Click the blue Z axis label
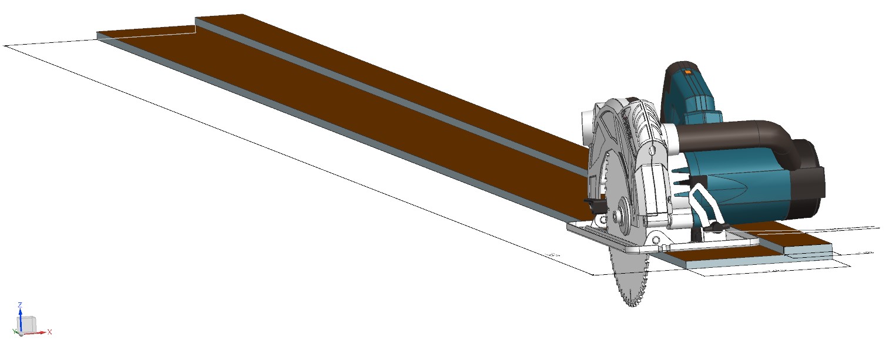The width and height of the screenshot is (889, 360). (x=20, y=305)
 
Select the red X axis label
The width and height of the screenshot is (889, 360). (x=50, y=332)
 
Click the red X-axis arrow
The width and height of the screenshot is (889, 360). (x=41, y=332)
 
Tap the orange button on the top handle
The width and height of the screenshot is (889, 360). (x=688, y=72)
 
